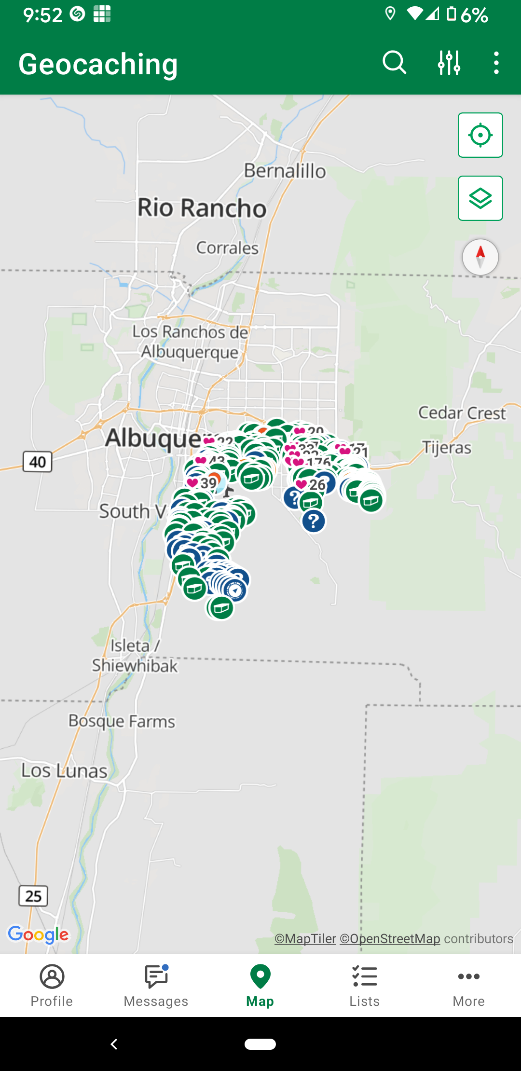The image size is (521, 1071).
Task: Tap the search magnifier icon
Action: (394, 63)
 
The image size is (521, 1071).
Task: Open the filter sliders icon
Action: (449, 63)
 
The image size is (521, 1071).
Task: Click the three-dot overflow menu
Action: (496, 63)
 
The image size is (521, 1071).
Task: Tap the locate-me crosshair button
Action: (480, 135)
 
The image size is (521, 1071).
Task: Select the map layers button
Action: (480, 198)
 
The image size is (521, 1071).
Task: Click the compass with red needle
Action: (480, 257)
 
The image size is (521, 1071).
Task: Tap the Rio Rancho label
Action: (202, 208)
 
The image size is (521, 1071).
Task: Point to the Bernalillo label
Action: (285, 171)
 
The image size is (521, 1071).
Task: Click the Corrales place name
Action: (227, 248)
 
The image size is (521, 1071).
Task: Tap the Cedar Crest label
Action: (462, 413)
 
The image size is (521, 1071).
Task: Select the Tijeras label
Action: (447, 448)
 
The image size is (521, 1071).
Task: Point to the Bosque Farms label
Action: (122, 721)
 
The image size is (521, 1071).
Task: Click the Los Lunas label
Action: (64, 771)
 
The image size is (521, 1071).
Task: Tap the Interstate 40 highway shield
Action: (38, 462)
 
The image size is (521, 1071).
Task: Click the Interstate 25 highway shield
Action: (33, 896)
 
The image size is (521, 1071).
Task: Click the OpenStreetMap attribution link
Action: (390, 939)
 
